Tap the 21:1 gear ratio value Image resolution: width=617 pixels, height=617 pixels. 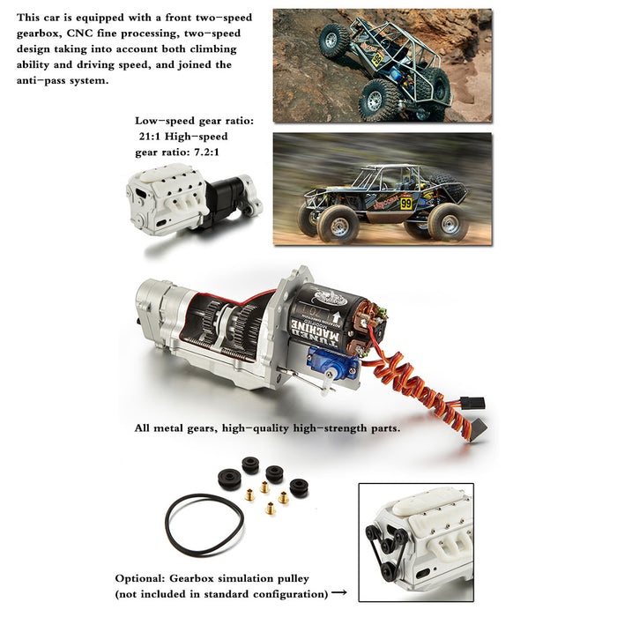[x=150, y=137]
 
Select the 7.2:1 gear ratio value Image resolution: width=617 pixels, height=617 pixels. [x=206, y=152]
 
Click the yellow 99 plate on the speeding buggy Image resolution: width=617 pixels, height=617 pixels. [x=406, y=204]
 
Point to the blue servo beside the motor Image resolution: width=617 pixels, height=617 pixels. [x=332, y=363]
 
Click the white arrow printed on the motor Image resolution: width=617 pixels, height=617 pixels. [x=336, y=317]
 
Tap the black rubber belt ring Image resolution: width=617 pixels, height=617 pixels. [x=204, y=525]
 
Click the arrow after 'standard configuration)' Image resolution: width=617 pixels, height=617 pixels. [x=338, y=592]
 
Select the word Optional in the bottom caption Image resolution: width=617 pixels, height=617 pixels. [x=140, y=578]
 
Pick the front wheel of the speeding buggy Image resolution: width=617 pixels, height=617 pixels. [x=338, y=224]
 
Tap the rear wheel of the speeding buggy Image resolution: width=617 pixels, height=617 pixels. [x=449, y=221]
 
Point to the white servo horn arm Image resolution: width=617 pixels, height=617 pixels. [x=327, y=383]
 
